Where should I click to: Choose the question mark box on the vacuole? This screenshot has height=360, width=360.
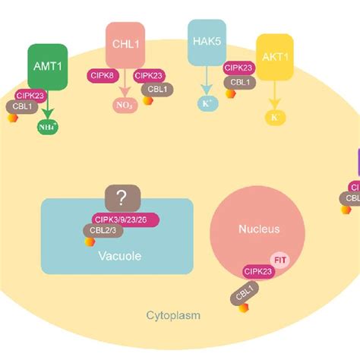[x=120, y=199]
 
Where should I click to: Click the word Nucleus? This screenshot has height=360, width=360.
[x=258, y=229]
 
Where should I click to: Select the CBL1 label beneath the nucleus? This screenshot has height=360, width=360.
[x=242, y=292]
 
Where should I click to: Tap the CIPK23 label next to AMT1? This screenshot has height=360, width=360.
[x=30, y=95]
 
